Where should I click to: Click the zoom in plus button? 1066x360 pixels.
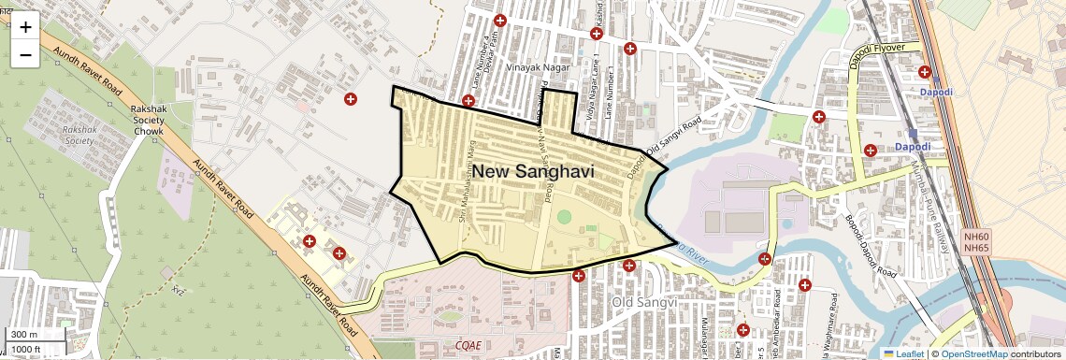click(x=25, y=27)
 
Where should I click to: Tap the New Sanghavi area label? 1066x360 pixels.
click(x=533, y=171)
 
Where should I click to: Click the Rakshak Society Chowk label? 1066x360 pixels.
click(x=148, y=121)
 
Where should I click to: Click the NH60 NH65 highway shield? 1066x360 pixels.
click(x=976, y=242)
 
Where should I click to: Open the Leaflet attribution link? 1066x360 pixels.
click(x=903, y=353)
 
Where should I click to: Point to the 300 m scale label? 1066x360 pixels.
click(x=25, y=335)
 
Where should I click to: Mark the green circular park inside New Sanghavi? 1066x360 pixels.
click(x=564, y=217)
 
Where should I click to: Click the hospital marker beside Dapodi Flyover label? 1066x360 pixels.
click(x=925, y=72)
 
